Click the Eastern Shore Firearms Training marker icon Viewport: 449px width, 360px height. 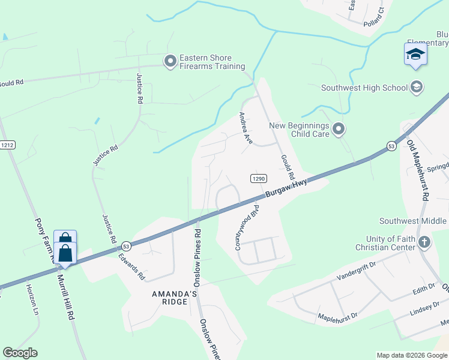[x=170, y=61]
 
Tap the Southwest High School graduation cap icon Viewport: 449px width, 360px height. [x=415, y=88]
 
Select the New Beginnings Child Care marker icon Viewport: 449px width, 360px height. [x=339, y=129]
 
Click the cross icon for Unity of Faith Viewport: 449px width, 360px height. [x=424, y=242]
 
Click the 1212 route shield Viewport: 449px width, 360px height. [x=7, y=145]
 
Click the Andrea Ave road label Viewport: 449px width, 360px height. [x=246, y=127]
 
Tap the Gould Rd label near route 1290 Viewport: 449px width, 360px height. [x=287, y=167]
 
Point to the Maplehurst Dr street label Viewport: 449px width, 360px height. [x=337, y=316]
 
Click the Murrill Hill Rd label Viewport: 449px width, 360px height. [x=66, y=298]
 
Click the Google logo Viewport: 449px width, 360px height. [x=20, y=353]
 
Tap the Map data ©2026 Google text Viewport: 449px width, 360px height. [x=411, y=355]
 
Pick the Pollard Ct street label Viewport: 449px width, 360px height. [x=373, y=14]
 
